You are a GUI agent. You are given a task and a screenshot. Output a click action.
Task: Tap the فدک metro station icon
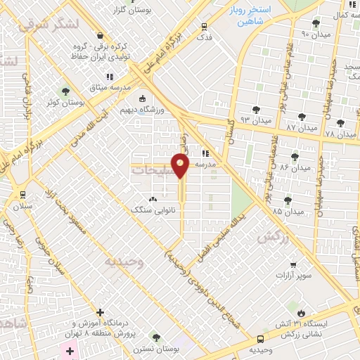205,23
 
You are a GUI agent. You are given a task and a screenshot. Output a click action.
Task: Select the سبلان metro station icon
22,194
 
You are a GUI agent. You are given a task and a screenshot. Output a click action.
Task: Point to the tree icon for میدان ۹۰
316,23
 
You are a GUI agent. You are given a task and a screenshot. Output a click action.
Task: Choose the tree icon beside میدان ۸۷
302,116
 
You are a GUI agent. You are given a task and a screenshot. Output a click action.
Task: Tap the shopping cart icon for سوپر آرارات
293,265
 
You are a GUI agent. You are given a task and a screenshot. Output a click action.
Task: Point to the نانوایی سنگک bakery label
153,209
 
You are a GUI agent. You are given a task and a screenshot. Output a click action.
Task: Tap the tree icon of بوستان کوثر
65,91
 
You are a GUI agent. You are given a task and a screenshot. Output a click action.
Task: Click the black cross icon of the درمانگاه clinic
100,312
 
